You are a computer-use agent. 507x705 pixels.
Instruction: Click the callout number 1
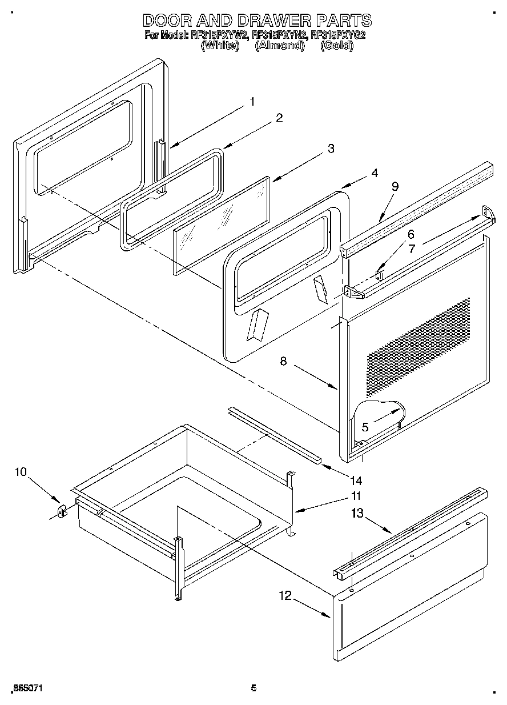252,102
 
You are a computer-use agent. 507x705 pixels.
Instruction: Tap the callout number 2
279,118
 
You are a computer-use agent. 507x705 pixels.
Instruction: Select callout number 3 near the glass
331,148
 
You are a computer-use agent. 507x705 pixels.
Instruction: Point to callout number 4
374,173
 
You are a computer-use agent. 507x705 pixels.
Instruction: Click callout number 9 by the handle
395,187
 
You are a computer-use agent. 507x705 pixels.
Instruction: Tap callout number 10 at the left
21,472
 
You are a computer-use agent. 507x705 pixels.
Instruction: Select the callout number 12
285,596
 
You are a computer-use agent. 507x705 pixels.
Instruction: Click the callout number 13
357,514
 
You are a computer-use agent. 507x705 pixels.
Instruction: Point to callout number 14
356,480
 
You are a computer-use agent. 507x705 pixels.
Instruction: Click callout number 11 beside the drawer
356,495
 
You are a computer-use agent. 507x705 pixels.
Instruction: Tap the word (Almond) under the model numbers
279,46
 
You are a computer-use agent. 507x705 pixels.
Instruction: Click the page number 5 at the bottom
253,688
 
